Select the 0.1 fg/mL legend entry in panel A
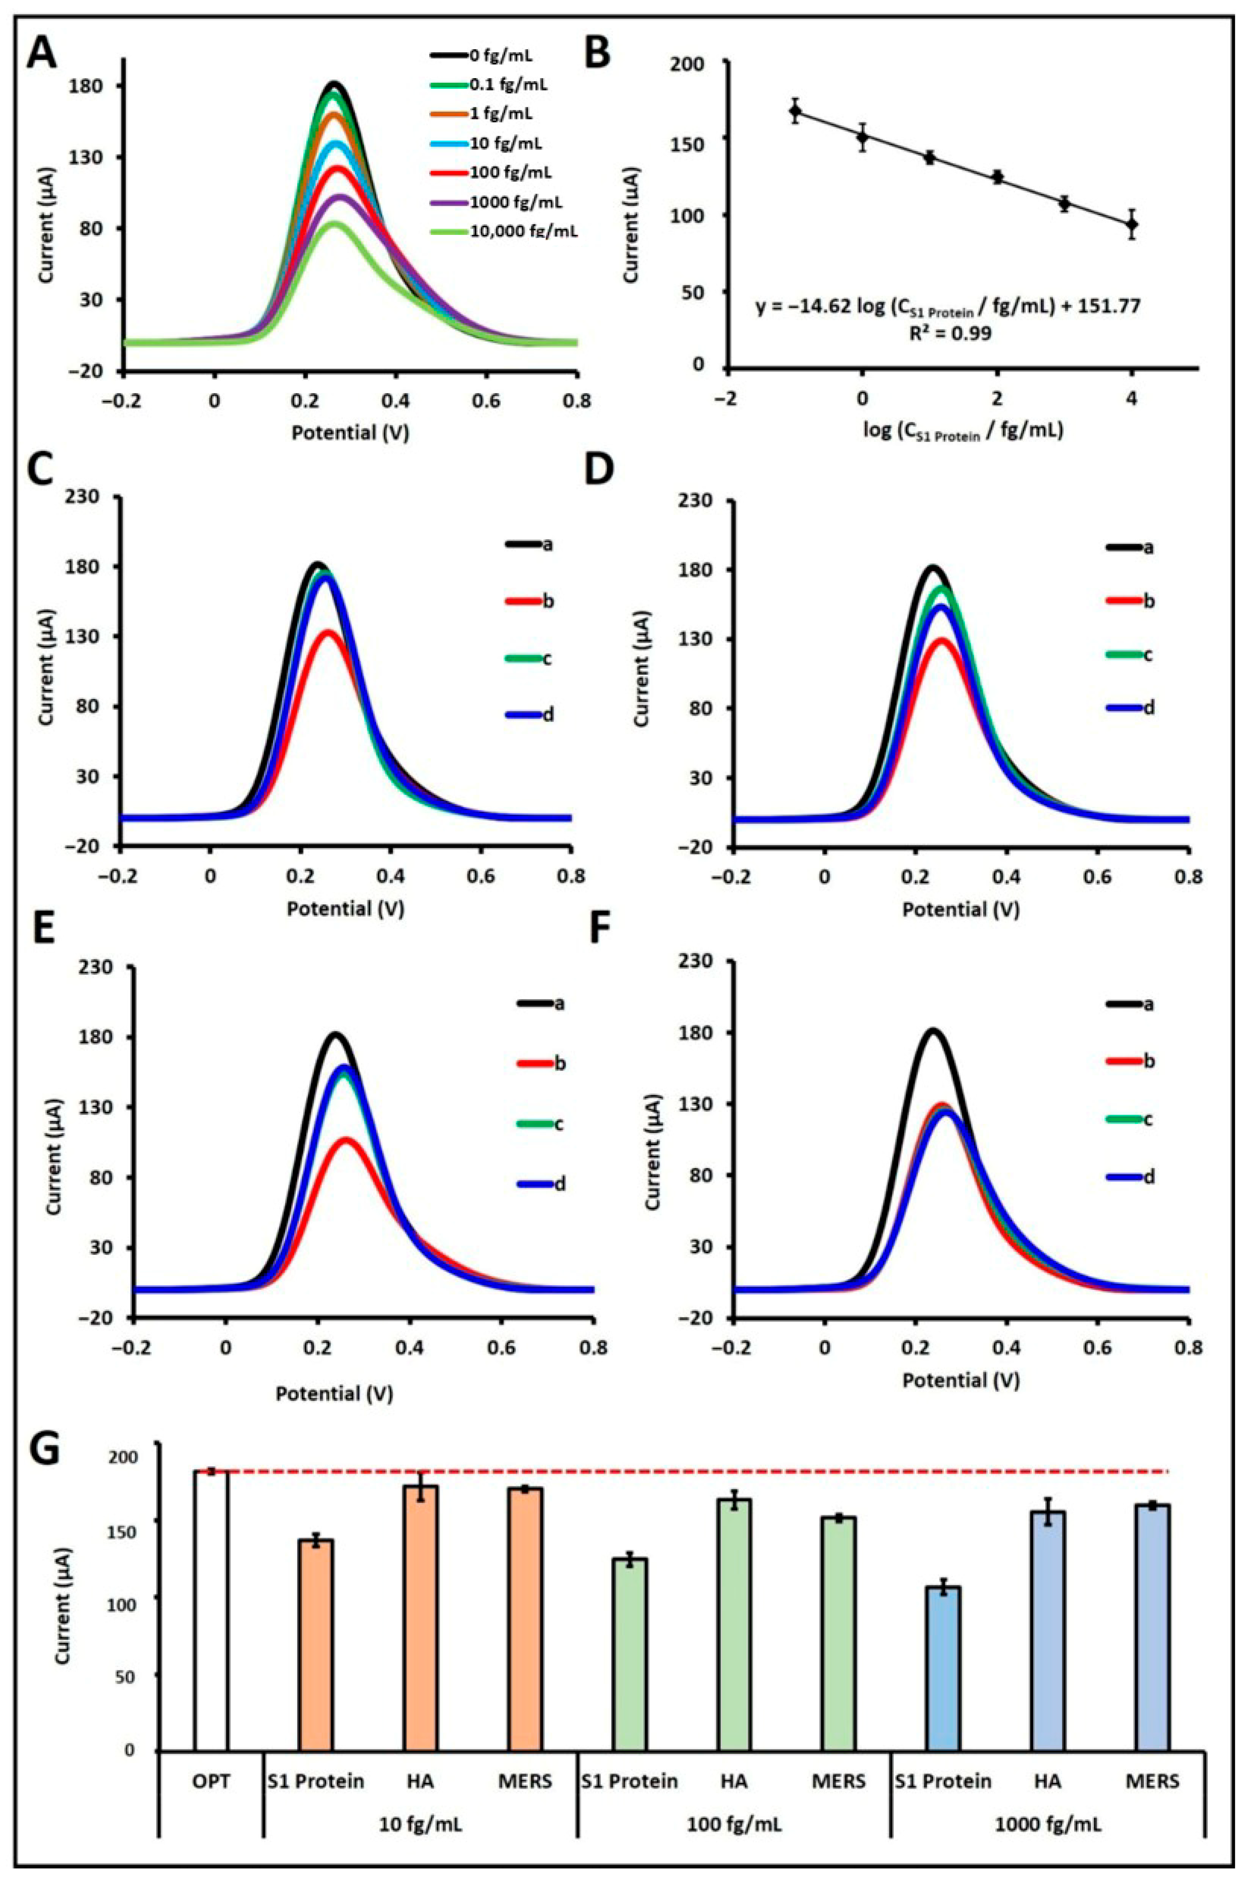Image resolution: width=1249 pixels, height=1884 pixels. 518,84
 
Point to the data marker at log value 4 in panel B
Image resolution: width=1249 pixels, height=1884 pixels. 1131,224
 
